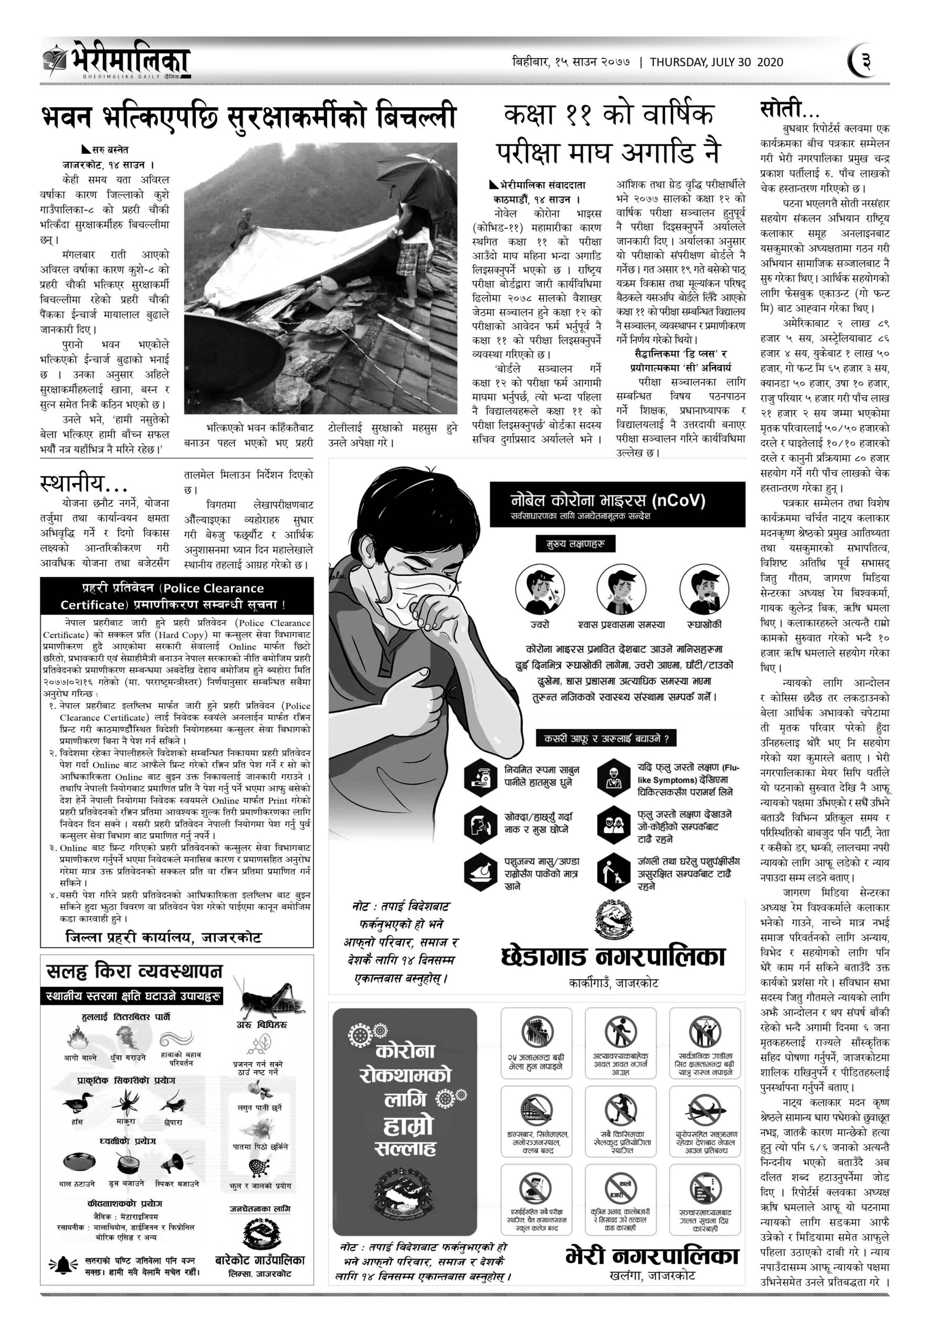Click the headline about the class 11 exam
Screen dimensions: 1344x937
pyautogui.click(x=609, y=133)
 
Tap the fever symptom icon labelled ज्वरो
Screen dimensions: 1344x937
pyautogui.click(x=540, y=589)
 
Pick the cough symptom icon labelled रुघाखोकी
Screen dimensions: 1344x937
pyautogui.click(x=704, y=589)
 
